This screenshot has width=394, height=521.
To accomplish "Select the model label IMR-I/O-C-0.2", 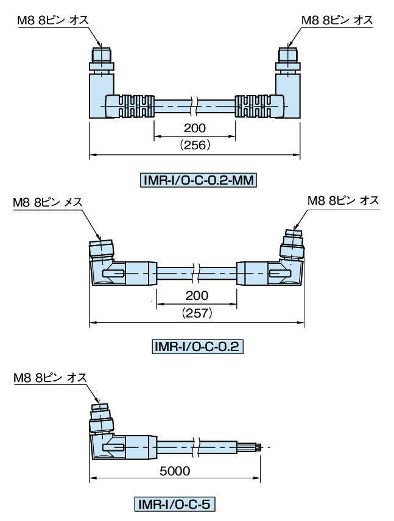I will (x=197, y=347).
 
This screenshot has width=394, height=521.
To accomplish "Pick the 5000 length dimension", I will (x=175, y=471).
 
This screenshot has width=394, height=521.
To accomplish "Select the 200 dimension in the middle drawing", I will (x=197, y=296).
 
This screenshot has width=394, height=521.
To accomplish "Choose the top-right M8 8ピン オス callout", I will (x=337, y=21).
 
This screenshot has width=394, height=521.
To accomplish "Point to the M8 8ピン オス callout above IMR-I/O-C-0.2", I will (x=343, y=200).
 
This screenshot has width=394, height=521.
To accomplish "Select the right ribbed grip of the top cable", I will (x=258, y=106).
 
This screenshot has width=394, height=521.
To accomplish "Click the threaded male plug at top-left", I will (x=101, y=55).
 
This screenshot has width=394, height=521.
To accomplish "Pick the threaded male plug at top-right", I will (x=288, y=55).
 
